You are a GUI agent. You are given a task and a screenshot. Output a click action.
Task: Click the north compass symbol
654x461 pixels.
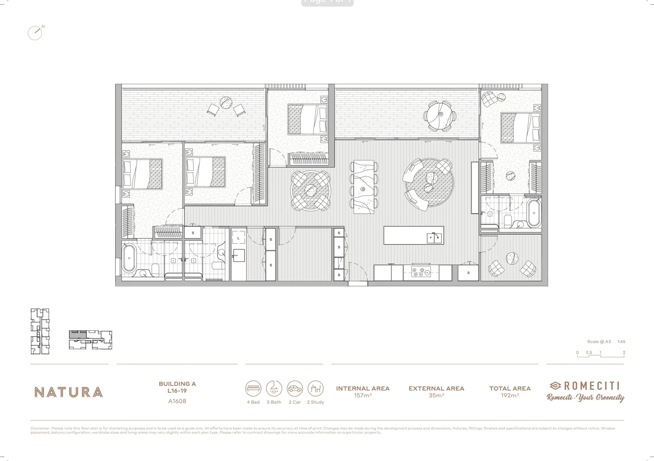coord(35,33)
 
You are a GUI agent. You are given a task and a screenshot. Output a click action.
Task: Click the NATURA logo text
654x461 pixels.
coord(69,392)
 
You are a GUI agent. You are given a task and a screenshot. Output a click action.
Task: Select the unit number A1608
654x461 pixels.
coord(177,401)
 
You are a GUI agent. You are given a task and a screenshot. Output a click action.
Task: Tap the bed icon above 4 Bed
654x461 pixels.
coord(253,388)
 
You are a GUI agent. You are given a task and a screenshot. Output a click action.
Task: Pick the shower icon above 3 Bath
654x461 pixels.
coord(274,388)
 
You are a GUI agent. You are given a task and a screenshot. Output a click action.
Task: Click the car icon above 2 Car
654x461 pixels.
coord(295,388)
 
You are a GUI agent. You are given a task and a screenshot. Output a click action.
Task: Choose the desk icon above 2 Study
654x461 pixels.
coord(315,388)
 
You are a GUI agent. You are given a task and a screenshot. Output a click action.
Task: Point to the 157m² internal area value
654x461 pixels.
coord(363,396)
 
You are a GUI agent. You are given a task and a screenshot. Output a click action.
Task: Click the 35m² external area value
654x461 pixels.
coord(436,396)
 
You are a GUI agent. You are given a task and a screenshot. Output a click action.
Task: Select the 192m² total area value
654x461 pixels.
coord(510,396)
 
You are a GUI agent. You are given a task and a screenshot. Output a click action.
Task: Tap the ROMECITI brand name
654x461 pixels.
coord(591,386)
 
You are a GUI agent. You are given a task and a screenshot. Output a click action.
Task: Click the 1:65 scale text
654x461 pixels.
coord(621,341)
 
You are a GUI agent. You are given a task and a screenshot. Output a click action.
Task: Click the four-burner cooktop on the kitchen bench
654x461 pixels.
coord(421,272)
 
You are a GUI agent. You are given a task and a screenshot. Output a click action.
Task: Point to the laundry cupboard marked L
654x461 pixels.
coord(238,238)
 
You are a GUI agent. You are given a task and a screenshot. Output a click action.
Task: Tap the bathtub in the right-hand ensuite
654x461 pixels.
coord(534,212)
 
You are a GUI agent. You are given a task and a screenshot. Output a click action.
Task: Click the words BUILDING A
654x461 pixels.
coord(177,384)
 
